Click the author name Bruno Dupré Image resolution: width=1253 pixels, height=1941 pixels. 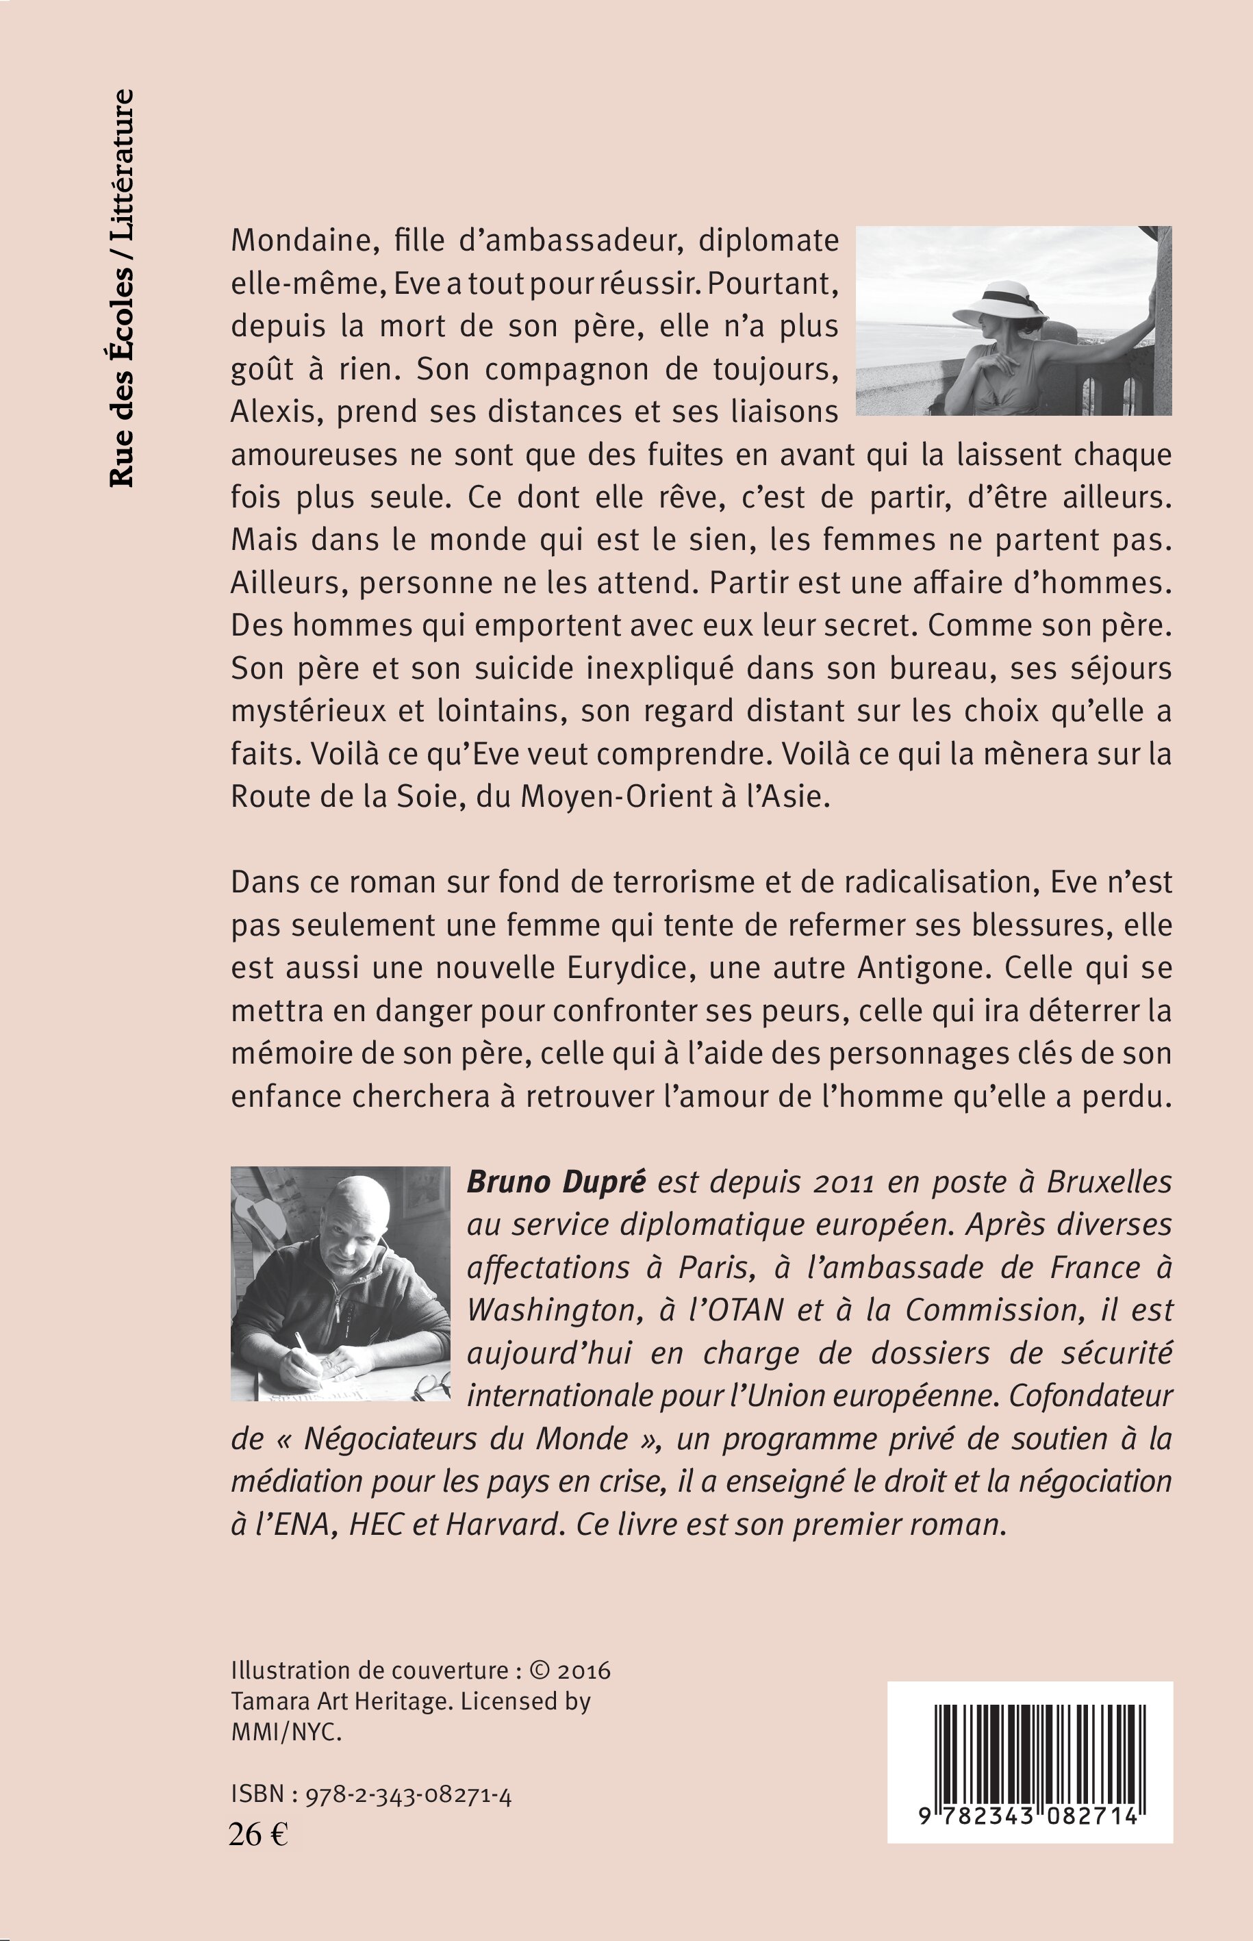click(556, 1181)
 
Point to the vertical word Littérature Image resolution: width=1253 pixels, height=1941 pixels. click(121, 163)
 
